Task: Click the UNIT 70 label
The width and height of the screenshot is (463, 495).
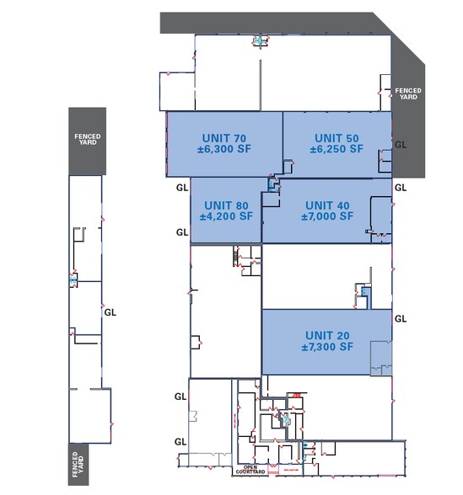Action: tap(224, 137)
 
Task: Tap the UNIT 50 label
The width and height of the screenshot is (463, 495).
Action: tap(336, 137)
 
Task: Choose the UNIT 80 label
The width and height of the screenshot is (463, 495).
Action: tap(225, 205)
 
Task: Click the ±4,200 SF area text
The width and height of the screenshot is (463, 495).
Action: tap(225, 216)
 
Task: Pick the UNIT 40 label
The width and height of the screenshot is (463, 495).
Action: tap(327, 205)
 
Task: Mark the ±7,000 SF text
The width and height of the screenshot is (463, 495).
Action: tap(327, 216)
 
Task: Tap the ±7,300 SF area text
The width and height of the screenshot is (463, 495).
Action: tap(327, 346)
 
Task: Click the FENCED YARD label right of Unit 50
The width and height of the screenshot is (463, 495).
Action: tap(408, 93)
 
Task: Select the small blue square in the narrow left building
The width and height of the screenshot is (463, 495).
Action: tap(74, 279)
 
